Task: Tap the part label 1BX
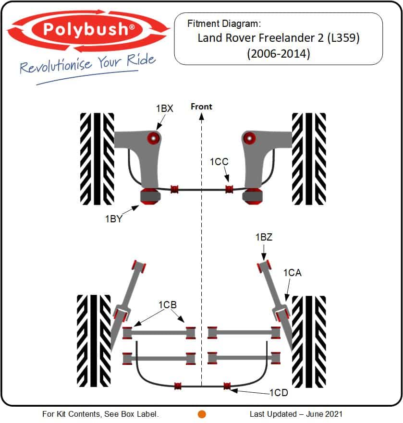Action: pos(164,109)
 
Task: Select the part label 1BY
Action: pos(113,219)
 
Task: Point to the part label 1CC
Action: pos(219,162)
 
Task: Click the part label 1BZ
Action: pos(264,237)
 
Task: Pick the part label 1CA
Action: pos(292,273)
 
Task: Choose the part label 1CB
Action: pos(168,304)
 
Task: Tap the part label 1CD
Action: pos(278,392)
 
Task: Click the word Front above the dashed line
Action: pos(201,107)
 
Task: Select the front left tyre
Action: pos(97,158)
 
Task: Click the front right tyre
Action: pos(309,158)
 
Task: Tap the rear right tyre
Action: pos(309,340)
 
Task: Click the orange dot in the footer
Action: pos(202,414)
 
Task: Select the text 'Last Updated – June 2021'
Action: pos(296,414)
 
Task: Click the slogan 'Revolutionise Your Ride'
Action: pos(87,64)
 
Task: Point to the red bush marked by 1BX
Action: pos(153,138)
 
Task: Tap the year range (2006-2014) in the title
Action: pos(279,54)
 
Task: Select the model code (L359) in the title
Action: pos(343,38)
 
